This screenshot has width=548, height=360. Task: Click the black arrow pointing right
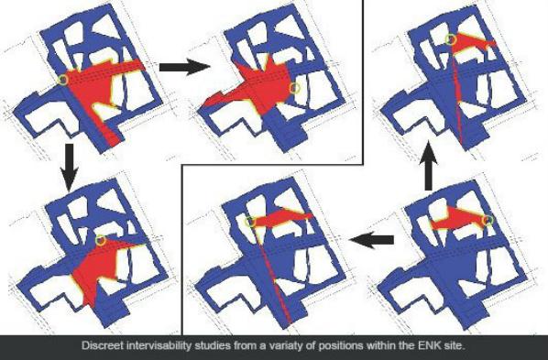tap(184, 67)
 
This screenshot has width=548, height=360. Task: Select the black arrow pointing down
tap(70, 167)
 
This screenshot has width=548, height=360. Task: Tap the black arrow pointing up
tap(429, 165)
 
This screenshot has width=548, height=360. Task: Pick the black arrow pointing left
tap(371, 240)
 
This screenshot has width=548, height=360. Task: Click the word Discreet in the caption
tap(103, 346)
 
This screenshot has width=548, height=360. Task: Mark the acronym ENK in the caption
tap(427, 346)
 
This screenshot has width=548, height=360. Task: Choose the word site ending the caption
tap(452, 346)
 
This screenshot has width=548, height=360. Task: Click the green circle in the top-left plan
tap(63, 80)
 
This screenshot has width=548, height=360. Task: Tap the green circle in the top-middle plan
tap(295, 88)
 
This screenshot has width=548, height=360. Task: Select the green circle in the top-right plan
tap(451, 39)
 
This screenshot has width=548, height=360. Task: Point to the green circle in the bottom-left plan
tap(101, 240)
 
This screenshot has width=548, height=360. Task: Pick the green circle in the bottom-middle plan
tap(250, 222)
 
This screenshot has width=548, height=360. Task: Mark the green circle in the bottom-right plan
tap(488, 221)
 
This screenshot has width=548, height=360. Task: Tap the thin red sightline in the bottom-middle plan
tap(271, 275)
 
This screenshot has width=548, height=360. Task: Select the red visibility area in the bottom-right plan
tap(458, 220)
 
